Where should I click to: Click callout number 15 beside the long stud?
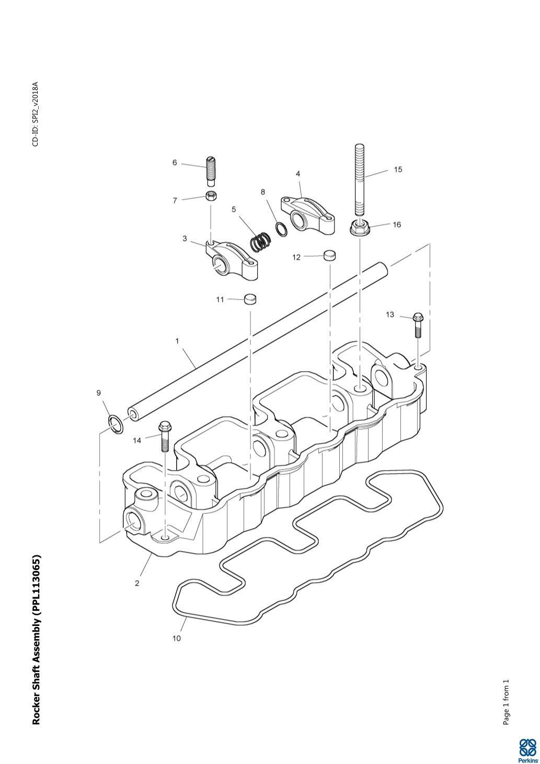pos(398,169)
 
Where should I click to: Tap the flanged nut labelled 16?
pos(360,227)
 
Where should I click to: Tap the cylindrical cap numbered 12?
pos(329,255)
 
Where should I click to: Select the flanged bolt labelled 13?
pos(418,325)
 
